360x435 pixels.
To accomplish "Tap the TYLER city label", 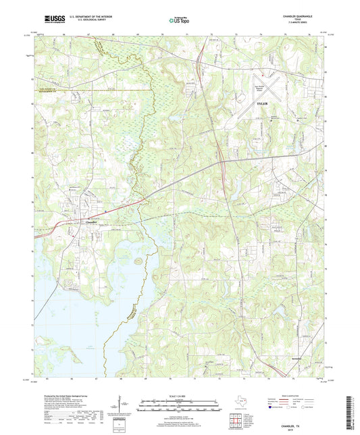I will (263, 104).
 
